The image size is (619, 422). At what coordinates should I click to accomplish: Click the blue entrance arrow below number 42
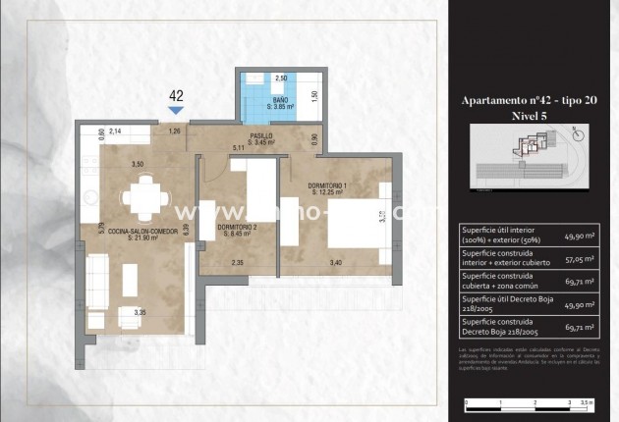pyautogui.click(x=177, y=111)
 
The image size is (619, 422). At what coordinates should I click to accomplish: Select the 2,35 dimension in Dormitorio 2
pyautogui.click(x=238, y=262)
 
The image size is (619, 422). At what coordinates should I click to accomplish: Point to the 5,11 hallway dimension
pyautogui.click(x=237, y=148)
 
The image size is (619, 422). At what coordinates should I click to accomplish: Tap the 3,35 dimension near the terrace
pyautogui.click(x=141, y=312)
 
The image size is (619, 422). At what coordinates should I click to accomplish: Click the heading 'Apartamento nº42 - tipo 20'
pyautogui.click(x=529, y=101)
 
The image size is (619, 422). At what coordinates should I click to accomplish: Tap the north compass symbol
pyautogui.click(x=578, y=133)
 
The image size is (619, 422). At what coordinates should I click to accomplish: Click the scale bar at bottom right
pyautogui.click(x=528, y=402)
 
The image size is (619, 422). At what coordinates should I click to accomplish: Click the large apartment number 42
pyautogui.click(x=177, y=96)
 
